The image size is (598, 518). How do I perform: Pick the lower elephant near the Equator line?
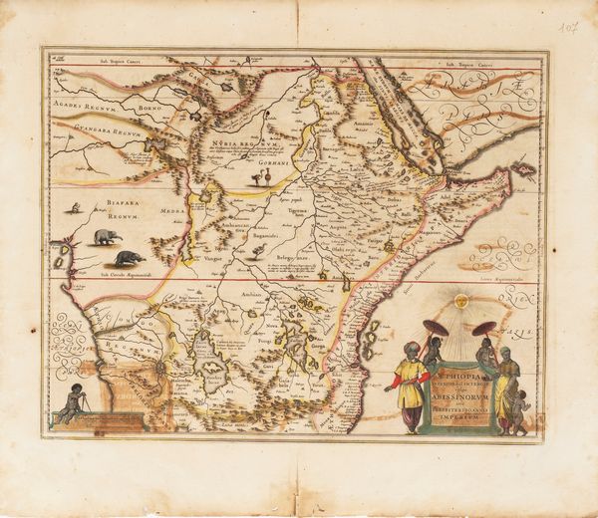click(128, 258)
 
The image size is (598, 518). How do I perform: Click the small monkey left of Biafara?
click(77, 208)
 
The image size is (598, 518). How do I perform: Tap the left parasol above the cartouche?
click(436, 329)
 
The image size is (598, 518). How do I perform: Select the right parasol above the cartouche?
click(484, 329)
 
